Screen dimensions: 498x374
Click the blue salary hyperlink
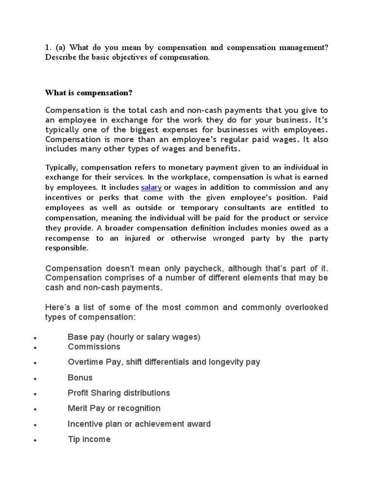coord(151,187)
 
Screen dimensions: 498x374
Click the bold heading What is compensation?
coord(89,92)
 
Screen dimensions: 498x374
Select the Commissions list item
coord(94,347)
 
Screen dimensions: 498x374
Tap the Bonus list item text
coord(80,377)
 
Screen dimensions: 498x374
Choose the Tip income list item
coord(89,439)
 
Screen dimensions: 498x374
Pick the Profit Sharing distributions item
coord(119,393)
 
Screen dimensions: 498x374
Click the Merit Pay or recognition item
coord(114,409)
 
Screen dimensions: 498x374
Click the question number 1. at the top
coord(48,47)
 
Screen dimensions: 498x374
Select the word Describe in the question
coord(61,57)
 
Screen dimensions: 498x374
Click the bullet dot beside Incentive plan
coord(36,425)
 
